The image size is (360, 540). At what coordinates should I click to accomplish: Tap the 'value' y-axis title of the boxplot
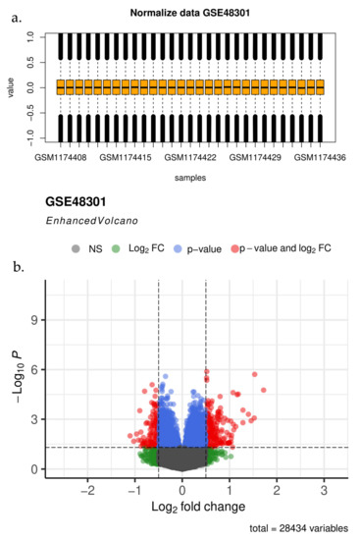coord(9,87)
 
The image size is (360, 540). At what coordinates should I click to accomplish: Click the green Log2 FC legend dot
coord(115,248)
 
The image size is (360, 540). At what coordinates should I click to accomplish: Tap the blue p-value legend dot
coord(179,248)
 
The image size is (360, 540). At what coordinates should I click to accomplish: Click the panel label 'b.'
coord(16,266)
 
